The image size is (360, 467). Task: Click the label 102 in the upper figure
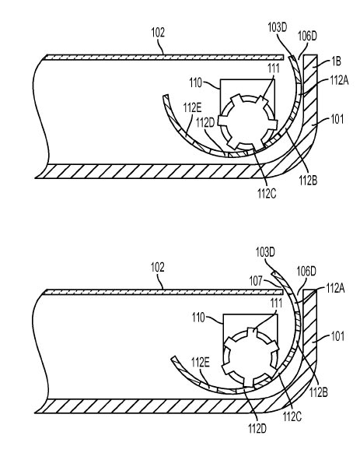click(x=158, y=33)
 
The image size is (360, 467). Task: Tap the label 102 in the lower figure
click(x=157, y=268)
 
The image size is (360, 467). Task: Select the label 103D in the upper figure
click(x=278, y=28)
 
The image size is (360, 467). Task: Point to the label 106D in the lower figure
click(x=306, y=272)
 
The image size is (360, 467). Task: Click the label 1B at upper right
click(x=336, y=61)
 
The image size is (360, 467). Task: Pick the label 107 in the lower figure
click(x=256, y=280)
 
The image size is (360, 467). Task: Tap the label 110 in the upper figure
click(x=195, y=83)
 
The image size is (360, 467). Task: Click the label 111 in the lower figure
click(x=276, y=304)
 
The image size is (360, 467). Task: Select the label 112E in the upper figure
click(x=192, y=108)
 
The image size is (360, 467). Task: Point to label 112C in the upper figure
click(x=267, y=194)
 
